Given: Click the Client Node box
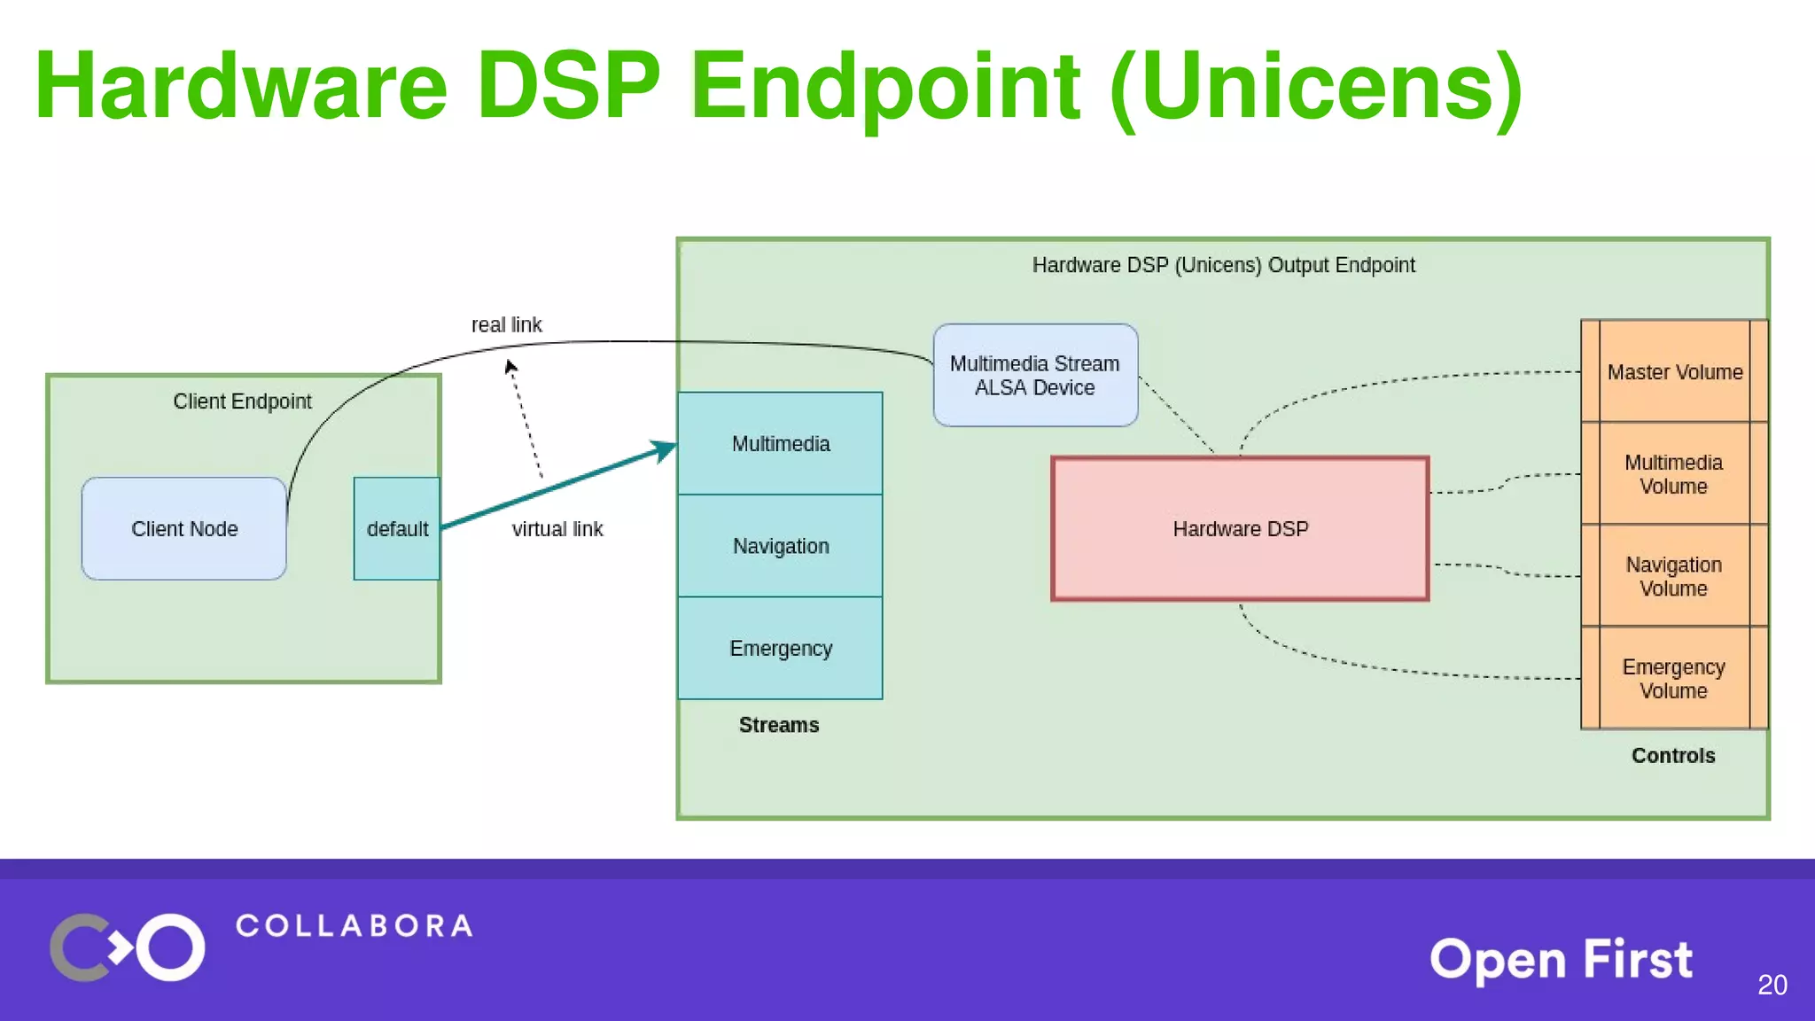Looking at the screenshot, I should click(183, 528).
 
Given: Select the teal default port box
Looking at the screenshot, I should click(396, 528).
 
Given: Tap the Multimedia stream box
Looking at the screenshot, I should click(780, 443).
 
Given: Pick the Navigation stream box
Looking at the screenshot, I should click(780, 545).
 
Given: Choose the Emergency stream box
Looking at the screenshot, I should click(780, 648).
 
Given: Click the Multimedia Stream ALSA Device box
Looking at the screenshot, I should click(1035, 375).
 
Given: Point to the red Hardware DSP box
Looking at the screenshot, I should click(1240, 528).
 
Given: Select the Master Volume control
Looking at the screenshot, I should click(1674, 371).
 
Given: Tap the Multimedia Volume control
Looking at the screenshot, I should click(1673, 473).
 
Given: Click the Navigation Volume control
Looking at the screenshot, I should click(1673, 576).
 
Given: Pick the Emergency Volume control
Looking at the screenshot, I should click(1673, 678).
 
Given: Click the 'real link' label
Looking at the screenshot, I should click(506, 324).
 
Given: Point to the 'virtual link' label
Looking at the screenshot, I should click(557, 529).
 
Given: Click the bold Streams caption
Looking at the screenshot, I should click(778, 724).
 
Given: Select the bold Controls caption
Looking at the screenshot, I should click(1672, 755).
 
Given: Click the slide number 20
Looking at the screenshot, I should click(1772, 985).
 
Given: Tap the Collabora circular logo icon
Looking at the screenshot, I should click(128, 947).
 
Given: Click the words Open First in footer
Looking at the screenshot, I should click(1561, 960).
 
